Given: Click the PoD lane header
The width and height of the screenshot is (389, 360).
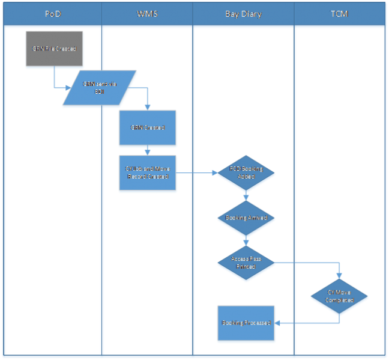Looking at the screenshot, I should (x=53, y=14).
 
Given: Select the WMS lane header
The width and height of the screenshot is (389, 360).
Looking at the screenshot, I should (x=147, y=14).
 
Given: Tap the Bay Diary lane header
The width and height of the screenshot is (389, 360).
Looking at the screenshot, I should (x=243, y=14).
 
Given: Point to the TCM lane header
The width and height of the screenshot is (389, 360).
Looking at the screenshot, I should (x=339, y=14).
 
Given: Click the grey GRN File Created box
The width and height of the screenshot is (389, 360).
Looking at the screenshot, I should (x=54, y=48).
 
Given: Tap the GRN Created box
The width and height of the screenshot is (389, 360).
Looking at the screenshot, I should (x=148, y=128).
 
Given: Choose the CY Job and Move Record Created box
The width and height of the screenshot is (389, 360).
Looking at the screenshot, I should (x=148, y=173).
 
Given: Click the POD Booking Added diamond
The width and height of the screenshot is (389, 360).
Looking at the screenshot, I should (x=246, y=173).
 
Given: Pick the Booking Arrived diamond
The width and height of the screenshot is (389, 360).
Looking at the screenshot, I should (x=246, y=218).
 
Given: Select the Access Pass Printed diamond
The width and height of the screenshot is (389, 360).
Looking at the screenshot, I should (x=246, y=263).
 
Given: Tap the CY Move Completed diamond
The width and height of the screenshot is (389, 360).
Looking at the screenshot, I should (x=340, y=296).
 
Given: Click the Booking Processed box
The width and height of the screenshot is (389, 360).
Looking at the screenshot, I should (x=246, y=323).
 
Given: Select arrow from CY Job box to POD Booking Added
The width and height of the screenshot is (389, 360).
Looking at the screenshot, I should (x=198, y=173).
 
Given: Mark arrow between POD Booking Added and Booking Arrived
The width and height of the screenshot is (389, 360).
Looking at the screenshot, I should (x=246, y=195).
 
